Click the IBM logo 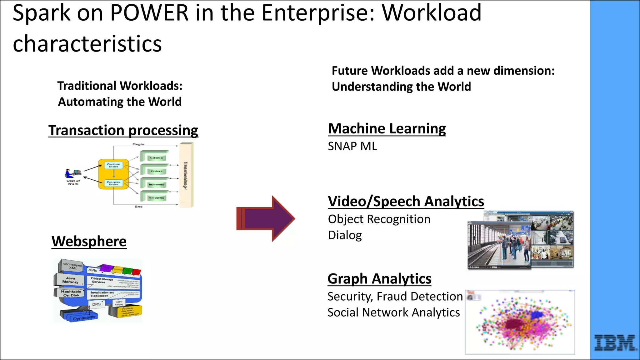pyautogui.click(x=615, y=343)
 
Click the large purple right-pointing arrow pyautogui.click(x=266, y=218)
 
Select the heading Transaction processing pyautogui.click(x=123, y=130)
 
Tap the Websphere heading pyautogui.click(x=89, y=241)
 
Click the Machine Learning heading pyautogui.click(x=387, y=128)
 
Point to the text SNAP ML pyautogui.click(x=352, y=146)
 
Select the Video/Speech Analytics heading pyautogui.click(x=406, y=201)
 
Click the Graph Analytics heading pyautogui.click(x=379, y=278)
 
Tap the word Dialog pyautogui.click(x=345, y=235)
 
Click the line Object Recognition pyautogui.click(x=379, y=219)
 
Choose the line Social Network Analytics pyautogui.click(x=393, y=312)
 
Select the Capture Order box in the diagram pyautogui.click(x=113, y=165)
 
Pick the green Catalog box pyautogui.click(x=156, y=157)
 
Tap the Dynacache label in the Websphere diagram pyautogui.click(x=84, y=317)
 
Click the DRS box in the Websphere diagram pyautogui.click(x=97, y=304)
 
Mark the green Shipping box pyautogui.click(x=156, y=197)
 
